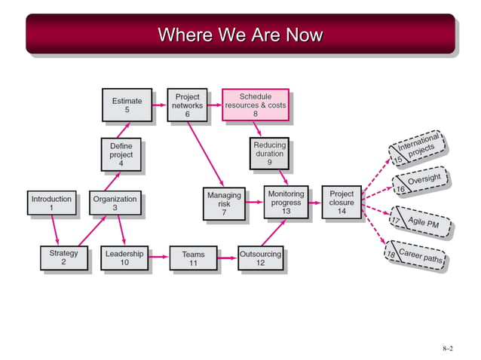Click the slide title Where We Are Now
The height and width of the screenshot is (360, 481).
coord(240,35)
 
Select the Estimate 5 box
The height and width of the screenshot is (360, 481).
coord(126,105)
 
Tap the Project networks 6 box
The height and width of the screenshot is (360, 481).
coord(187,105)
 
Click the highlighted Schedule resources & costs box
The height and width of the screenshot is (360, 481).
coord(255,105)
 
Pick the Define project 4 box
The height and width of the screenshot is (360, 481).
coord(121,154)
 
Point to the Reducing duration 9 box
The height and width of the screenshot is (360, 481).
coord(268,153)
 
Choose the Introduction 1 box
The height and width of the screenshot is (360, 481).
coord(51,203)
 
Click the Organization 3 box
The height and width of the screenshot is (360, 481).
coord(115,203)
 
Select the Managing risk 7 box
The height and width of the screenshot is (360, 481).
coord(223,203)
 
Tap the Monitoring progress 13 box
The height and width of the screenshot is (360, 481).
coord(286,203)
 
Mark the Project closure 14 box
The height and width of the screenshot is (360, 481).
coord(342,203)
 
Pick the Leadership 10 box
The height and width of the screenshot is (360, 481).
coord(124,258)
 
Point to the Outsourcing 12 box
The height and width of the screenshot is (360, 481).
coord(260,258)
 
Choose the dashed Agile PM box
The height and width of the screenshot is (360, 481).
coord(420,222)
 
